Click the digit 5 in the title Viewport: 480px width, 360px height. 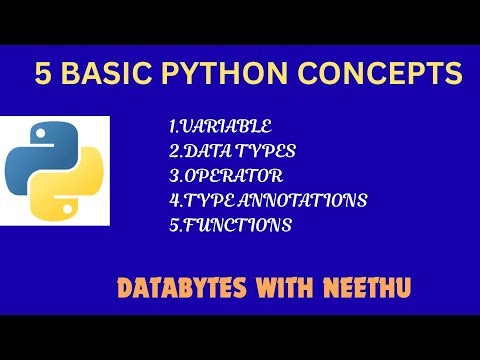coord(42,75)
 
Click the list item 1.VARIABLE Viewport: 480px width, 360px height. coord(220,128)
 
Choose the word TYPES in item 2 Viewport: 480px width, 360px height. coord(266,152)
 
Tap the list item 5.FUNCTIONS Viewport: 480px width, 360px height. coord(230,225)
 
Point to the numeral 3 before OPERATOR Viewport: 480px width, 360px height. coord(173,176)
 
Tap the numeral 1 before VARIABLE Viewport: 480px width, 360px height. coord(173,128)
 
